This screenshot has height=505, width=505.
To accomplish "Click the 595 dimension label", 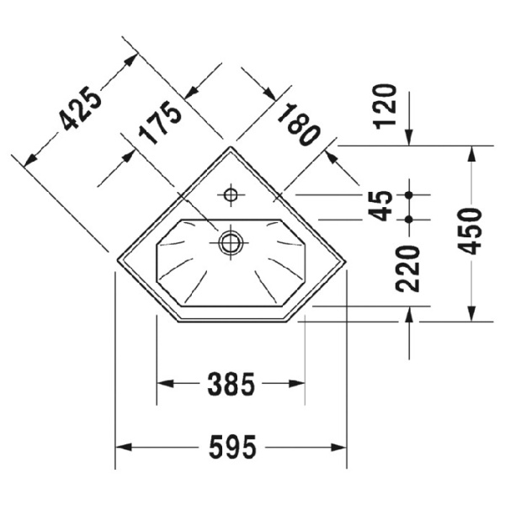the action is (232, 447).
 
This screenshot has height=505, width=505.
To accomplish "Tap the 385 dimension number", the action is (231, 384).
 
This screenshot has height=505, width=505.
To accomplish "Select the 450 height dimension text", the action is (470, 231).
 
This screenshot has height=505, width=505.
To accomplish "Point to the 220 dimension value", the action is (408, 268).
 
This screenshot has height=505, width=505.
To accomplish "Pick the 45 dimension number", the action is (380, 206).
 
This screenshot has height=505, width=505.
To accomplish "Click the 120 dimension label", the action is (385, 107).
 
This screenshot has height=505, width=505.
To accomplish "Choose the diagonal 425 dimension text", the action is (81, 109).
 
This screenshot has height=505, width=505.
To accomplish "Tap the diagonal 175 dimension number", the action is (160, 123).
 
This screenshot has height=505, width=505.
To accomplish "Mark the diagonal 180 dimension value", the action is (299, 125).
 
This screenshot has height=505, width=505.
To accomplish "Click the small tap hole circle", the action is (231, 195).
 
